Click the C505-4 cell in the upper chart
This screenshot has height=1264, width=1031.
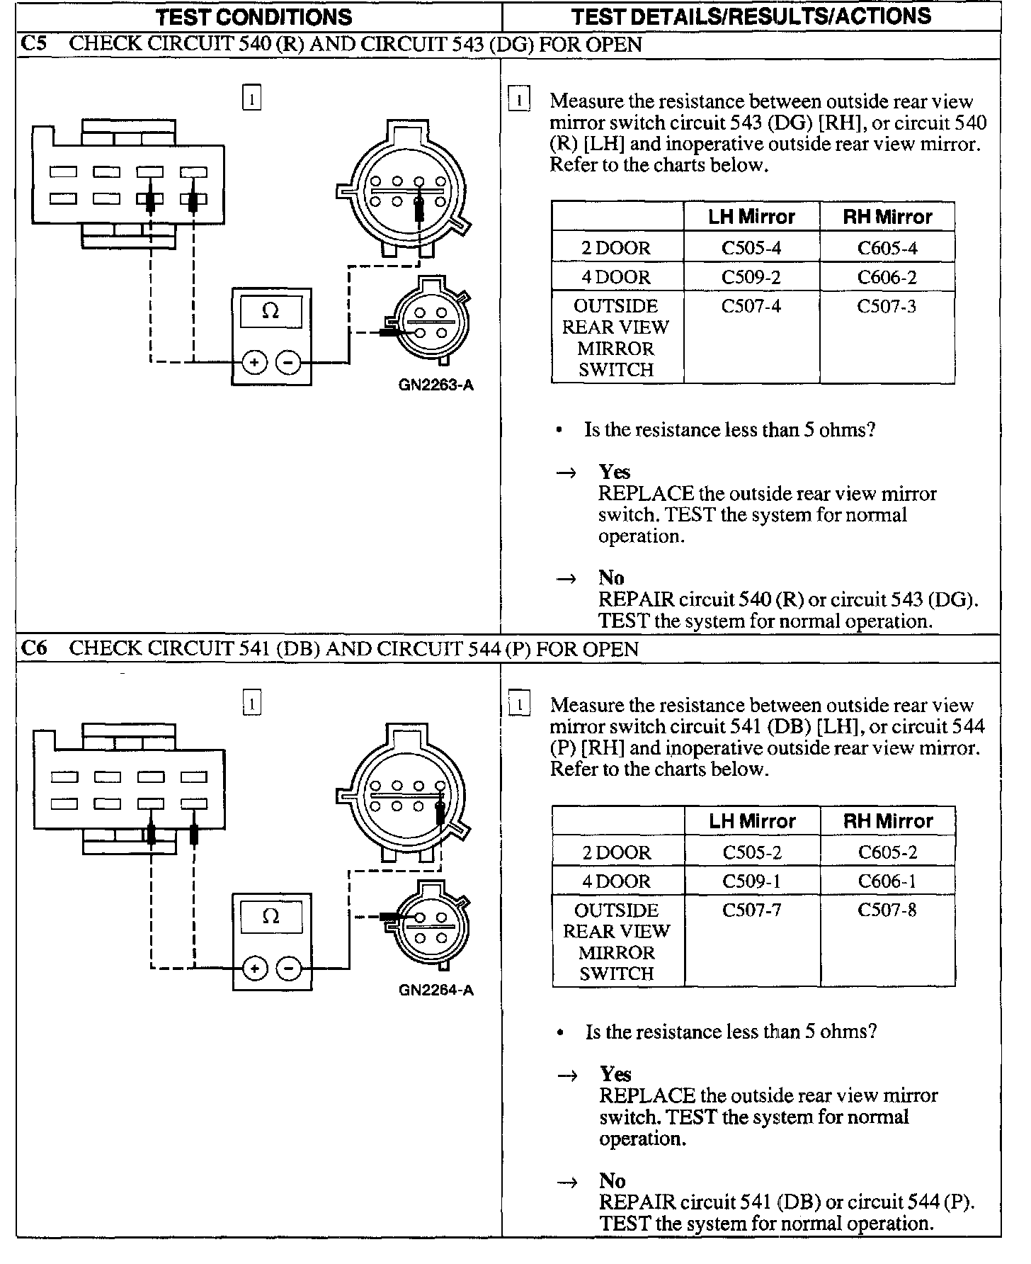point(751,248)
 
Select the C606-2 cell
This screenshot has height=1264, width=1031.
point(887,277)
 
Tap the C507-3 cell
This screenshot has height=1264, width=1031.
point(887,306)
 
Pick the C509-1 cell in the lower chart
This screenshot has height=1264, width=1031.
point(751,881)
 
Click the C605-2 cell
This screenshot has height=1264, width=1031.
point(887,852)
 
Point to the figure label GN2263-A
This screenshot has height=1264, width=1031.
point(435,385)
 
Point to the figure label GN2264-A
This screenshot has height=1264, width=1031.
point(435,991)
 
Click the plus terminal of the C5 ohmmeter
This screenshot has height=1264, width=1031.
point(254,363)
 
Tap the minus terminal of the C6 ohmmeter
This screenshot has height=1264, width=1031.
point(288,968)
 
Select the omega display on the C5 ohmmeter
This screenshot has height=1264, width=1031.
point(271,312)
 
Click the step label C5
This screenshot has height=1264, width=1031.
point(34,44)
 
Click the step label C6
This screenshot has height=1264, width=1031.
point(34,649)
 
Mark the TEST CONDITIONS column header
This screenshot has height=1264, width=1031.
point(254,17)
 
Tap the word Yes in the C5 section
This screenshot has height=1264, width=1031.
point(614,472)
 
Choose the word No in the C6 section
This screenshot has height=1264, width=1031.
point(613,1181)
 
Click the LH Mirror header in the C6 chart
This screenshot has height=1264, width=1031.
point(752,821)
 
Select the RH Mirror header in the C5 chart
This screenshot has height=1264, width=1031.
point(887,217)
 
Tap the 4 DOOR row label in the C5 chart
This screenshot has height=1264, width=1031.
point(616,277)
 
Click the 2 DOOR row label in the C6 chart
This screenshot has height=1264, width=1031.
point(617,852)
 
